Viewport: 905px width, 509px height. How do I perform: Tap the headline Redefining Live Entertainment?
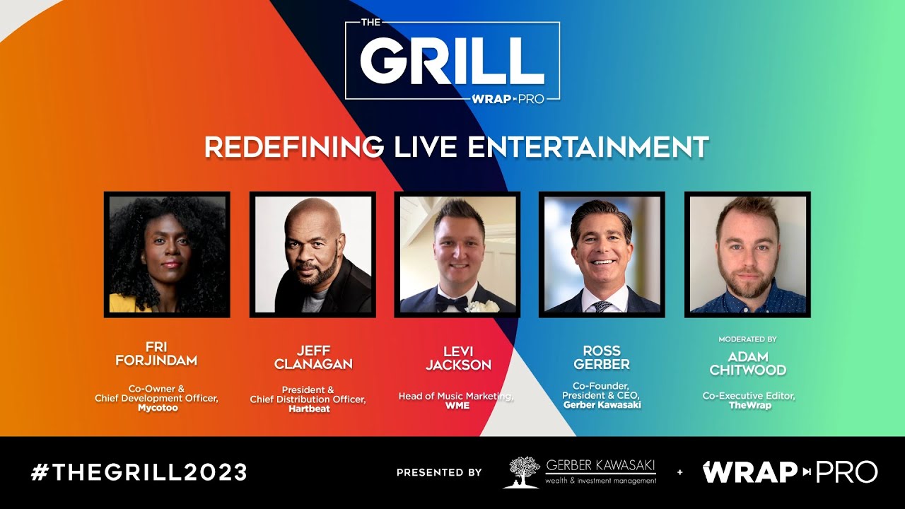coord(456,147)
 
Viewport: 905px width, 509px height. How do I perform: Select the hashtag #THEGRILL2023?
coord(139,472)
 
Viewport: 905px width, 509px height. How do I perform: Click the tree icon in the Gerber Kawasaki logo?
coord(521,472)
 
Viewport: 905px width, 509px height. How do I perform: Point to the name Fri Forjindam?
coord(156,354)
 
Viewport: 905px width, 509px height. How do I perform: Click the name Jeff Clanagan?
coord(312,358)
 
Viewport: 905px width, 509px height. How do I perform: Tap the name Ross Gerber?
coord(602,358)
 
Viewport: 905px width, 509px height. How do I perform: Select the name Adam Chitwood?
coord(748,363)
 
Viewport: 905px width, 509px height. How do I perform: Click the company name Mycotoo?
coord(156,408)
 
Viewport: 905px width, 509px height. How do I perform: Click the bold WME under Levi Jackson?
coord(457,406)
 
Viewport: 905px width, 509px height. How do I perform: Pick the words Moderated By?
coord(747,339)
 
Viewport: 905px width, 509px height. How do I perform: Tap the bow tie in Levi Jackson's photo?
coord(450,303)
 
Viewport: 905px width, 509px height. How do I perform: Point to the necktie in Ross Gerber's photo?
coord(602,305)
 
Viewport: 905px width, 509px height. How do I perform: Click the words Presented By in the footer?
coord(438,472)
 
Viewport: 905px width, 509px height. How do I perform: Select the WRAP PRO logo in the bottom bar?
coord(790,472)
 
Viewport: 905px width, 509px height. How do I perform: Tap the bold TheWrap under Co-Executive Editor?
coord(749,406)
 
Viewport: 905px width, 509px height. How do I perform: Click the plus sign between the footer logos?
coord(680,472)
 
